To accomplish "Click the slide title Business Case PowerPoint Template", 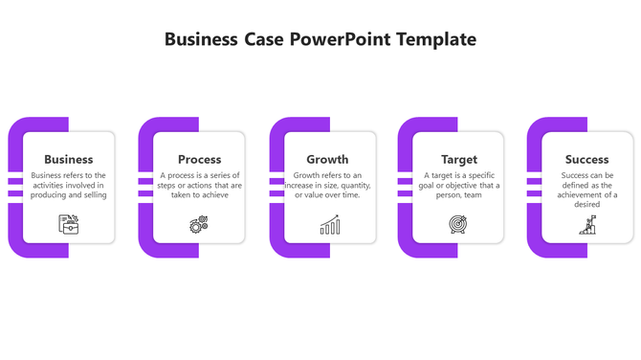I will coord(320,39).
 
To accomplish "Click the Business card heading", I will coord(69,159).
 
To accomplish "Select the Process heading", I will coord(200,159).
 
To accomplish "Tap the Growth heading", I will coord(327,159).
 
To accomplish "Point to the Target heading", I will coord(459,159).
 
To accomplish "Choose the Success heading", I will coord(586,159).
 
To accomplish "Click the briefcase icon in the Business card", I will coord(69,224).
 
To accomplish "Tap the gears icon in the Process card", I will coord(199,225).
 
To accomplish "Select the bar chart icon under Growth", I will coord(329,225).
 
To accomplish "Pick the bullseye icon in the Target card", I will coord(458,225).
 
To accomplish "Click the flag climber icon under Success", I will coord(586,225).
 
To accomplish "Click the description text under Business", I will coord(69,185).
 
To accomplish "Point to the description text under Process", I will coord(201,185).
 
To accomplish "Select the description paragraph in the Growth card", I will coord(327,185).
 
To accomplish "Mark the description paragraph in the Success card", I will coord(587,190).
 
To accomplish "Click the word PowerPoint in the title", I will coord(342,39).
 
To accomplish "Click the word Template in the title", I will coord(436,39).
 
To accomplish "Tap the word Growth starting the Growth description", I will coord(306,175).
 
